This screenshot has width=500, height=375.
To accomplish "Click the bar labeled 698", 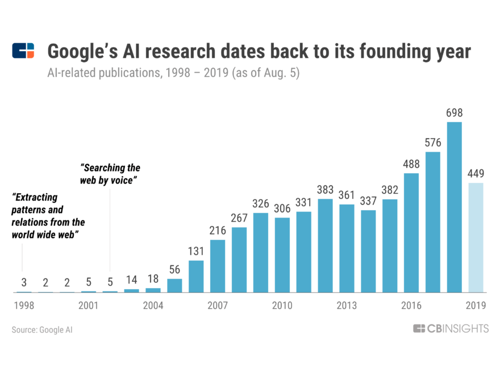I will click(x=455, y=207).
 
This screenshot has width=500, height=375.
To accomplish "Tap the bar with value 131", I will click(x=196, y=277).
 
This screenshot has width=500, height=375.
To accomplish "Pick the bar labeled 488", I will click(x=411, y=232).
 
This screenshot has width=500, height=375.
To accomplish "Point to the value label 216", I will click(x=218, y=231).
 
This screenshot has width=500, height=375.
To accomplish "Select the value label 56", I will click(x=174, y=269).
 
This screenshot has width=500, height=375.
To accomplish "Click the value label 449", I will click(x=476, y=173).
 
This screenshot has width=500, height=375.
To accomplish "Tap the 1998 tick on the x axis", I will click(x=24, y=306).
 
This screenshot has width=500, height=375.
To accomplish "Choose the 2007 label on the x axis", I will click(x=218, y=306).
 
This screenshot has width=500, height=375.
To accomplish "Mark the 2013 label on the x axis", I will click(x=347, y=306).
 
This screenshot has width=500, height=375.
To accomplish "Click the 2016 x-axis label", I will click(x=411, y=306).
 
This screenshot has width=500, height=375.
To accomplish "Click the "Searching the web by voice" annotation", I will click(x=110, y=174).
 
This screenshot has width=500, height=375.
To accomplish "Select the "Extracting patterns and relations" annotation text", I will click(x=48, y=216).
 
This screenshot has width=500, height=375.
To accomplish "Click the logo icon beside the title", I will click(x=23, y=51).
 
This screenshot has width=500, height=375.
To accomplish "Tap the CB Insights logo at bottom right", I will click(x=450, y=329).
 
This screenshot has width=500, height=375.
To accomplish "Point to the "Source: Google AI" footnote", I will click(x=42, y=330).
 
